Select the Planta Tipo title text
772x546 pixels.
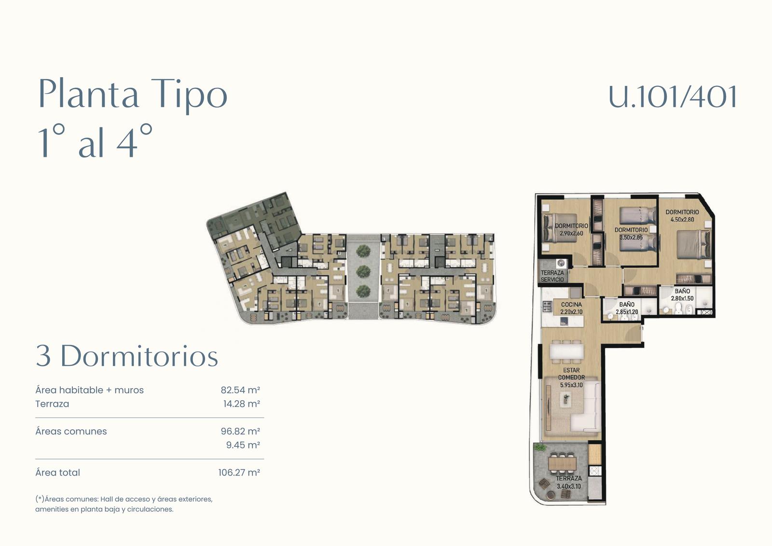[x=133, y=94]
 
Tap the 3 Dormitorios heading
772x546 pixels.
[x=127, y=356]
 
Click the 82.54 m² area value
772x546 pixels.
[x=240, y=390]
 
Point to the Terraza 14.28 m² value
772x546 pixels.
[x=241, y=404]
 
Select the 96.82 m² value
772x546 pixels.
[x=240, y=431]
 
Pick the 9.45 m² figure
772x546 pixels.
[x=243, y=445]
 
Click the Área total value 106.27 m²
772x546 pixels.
[x=239, y=473]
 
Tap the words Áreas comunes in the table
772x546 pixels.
[x=71, y=431]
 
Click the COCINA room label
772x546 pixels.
[x=571, y=305]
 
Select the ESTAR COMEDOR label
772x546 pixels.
[x=571, y=374]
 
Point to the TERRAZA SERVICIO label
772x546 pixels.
[x=552, y=276]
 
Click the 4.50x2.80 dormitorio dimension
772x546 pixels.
[x=682, y=220]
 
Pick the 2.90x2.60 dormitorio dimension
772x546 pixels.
[x=571, y=234]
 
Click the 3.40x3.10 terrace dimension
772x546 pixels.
[x=569, y=486]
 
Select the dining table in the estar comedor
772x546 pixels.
[x=567, y=352]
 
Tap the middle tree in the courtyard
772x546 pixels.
[x=363, y=271]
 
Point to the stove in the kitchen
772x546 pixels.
[x=547, y=306]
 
